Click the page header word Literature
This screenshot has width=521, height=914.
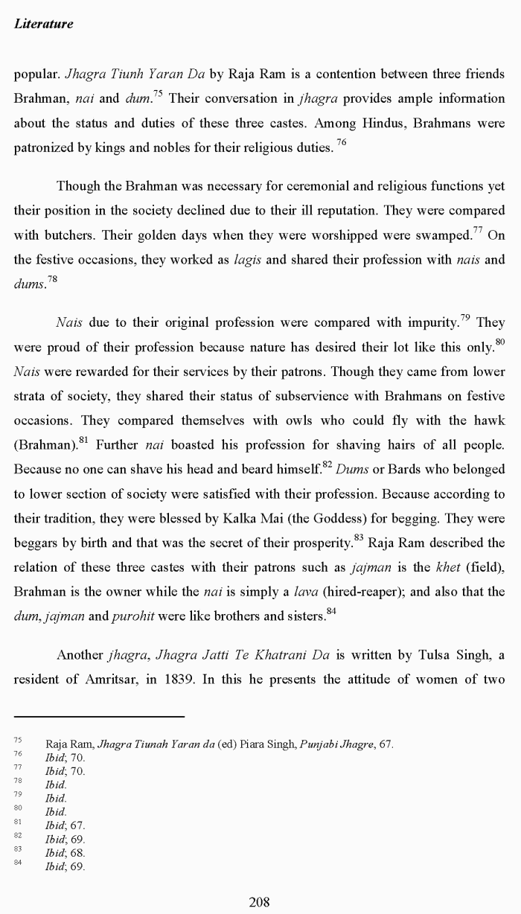point(43,24)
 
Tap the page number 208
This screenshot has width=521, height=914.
point(259,902)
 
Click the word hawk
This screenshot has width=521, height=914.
point(489,421)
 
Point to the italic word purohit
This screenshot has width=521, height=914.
point(132,616)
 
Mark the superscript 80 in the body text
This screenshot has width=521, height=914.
point(499,342)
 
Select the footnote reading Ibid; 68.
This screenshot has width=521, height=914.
point(65,853)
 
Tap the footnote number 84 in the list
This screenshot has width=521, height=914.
point(18,863)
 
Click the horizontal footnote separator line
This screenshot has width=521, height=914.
point(99,717)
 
